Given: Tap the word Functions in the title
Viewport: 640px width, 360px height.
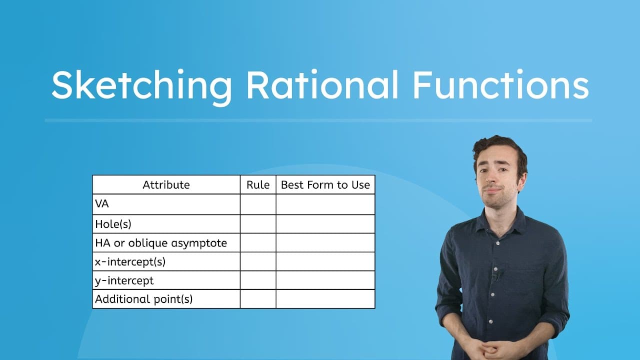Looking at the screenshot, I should pos(500,85).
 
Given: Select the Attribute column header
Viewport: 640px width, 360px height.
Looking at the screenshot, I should pos(166,185).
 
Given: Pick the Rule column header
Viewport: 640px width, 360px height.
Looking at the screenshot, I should pos(258,185).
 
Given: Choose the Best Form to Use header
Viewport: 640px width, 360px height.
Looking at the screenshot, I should pos(325,185).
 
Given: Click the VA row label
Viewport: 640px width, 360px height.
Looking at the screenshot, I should pos(102,204).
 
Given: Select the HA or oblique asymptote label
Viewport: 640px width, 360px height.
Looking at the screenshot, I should pos(160,243).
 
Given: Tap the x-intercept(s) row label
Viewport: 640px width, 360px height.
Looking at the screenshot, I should pos(130,261).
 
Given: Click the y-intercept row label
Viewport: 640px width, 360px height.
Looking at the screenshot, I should pos(124,280).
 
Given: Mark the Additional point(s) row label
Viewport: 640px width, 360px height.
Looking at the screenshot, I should pos(143,299).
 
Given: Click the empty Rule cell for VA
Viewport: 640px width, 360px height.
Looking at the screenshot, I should pos(258,204).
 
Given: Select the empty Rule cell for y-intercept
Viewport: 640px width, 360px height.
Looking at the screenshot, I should pos(258,280).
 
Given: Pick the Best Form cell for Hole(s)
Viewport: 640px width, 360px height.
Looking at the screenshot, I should pos(325,223).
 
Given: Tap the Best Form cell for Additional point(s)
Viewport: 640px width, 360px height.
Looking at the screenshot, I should pos(325,299).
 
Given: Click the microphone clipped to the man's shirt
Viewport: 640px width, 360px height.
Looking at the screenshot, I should pos(496,274).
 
